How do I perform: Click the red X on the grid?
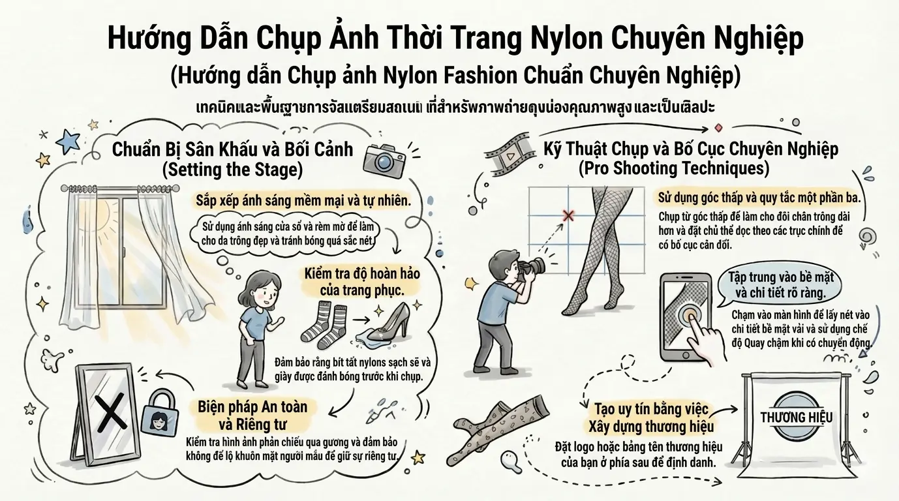[568, 215]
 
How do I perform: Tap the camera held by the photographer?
[531, 266]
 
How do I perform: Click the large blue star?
[67, 140]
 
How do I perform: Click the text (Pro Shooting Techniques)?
[674, 168]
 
